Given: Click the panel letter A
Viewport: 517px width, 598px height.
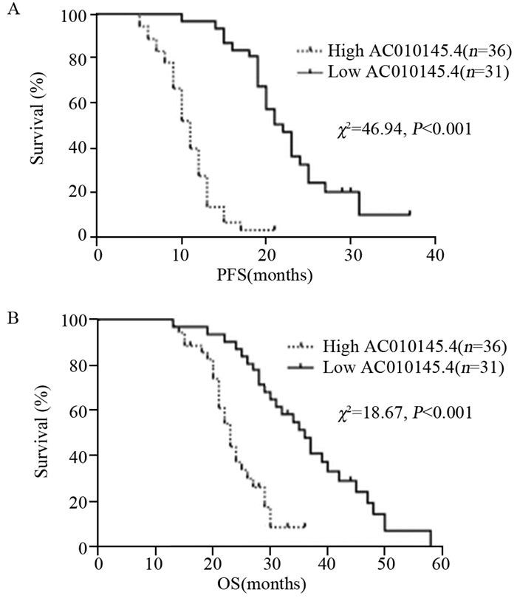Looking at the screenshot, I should pos(10,10).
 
